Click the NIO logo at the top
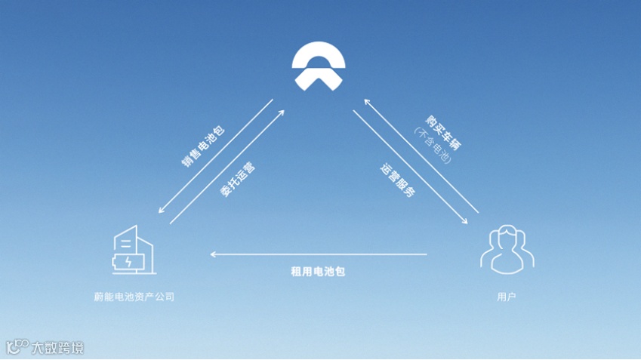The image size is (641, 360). coord(320,66)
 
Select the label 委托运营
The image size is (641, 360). coord(237,180)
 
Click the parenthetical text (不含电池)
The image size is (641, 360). coord(431,146)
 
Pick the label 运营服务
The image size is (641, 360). coord(397,179)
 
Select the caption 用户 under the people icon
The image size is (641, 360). coord(507,298)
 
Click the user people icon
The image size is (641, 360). coord(507,249)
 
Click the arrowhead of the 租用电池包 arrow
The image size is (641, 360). coord(214,254)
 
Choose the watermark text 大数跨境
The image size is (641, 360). coord(57,348)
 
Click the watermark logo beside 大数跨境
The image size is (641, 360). coord(17,347)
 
